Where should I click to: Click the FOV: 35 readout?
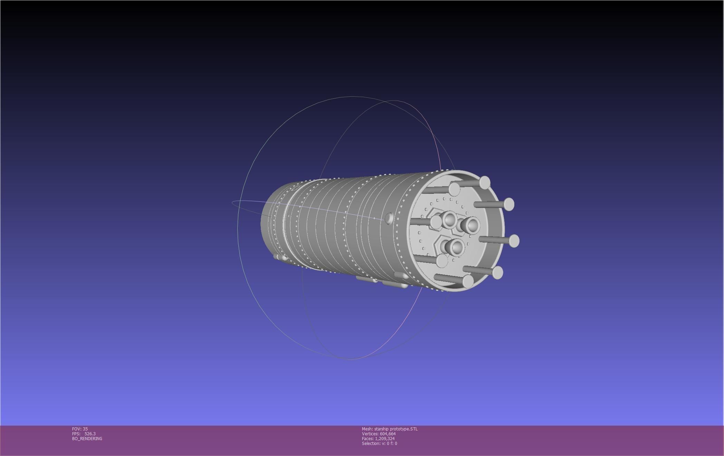click(x=80, y=429)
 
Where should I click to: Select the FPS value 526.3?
click(x=90, y=434)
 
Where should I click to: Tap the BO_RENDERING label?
click(x=87, y=438)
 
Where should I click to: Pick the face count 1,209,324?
click(x=384, y=438)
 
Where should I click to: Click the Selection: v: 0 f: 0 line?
click(x=379, y=443)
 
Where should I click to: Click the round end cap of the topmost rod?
click(x=485, y=182)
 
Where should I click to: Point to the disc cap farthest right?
click(x=514, y=241)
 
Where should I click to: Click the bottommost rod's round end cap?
click(x=468, y=281)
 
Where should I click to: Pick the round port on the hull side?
click(x=389, y=218)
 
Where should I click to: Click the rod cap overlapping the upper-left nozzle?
click(x=436, y=222)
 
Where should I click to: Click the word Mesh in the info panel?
click(x=367, y=429)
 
